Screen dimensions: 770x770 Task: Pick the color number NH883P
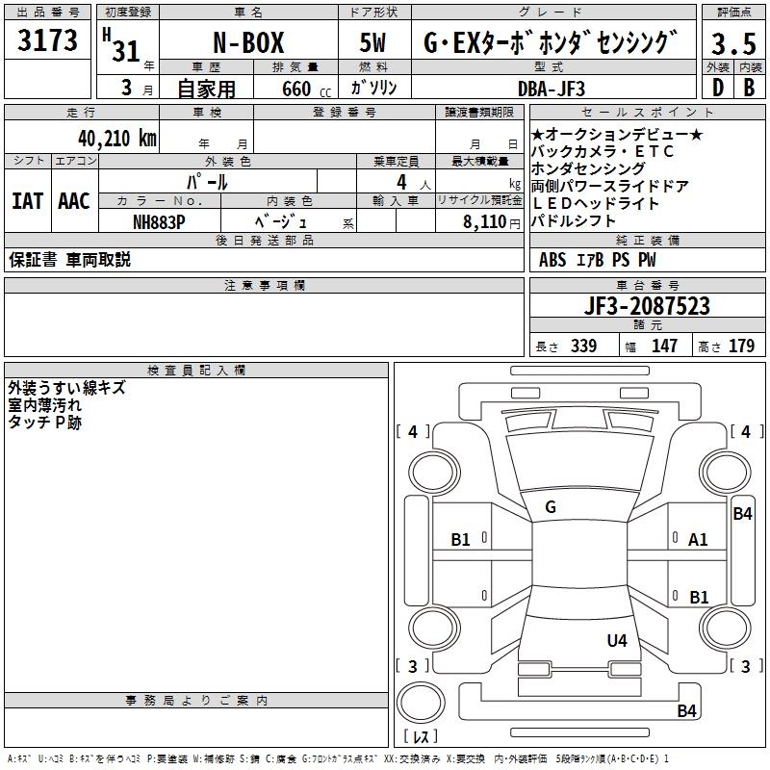point(159,220)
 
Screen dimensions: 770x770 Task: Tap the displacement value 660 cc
point(292,88)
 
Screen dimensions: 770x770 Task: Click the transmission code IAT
point(27,201)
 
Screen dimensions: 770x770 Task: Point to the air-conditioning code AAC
point(73,201)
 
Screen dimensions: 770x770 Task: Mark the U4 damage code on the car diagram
point(617,640)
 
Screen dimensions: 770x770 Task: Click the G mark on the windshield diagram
point(550,506)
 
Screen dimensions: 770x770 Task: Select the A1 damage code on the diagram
point(698,539)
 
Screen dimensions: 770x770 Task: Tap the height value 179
point(741,346)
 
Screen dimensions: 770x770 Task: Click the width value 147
point(664,346)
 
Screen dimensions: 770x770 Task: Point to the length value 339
point(583,346)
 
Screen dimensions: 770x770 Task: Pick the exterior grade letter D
point(718,88)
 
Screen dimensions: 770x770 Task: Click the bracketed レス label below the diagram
point(420,736)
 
